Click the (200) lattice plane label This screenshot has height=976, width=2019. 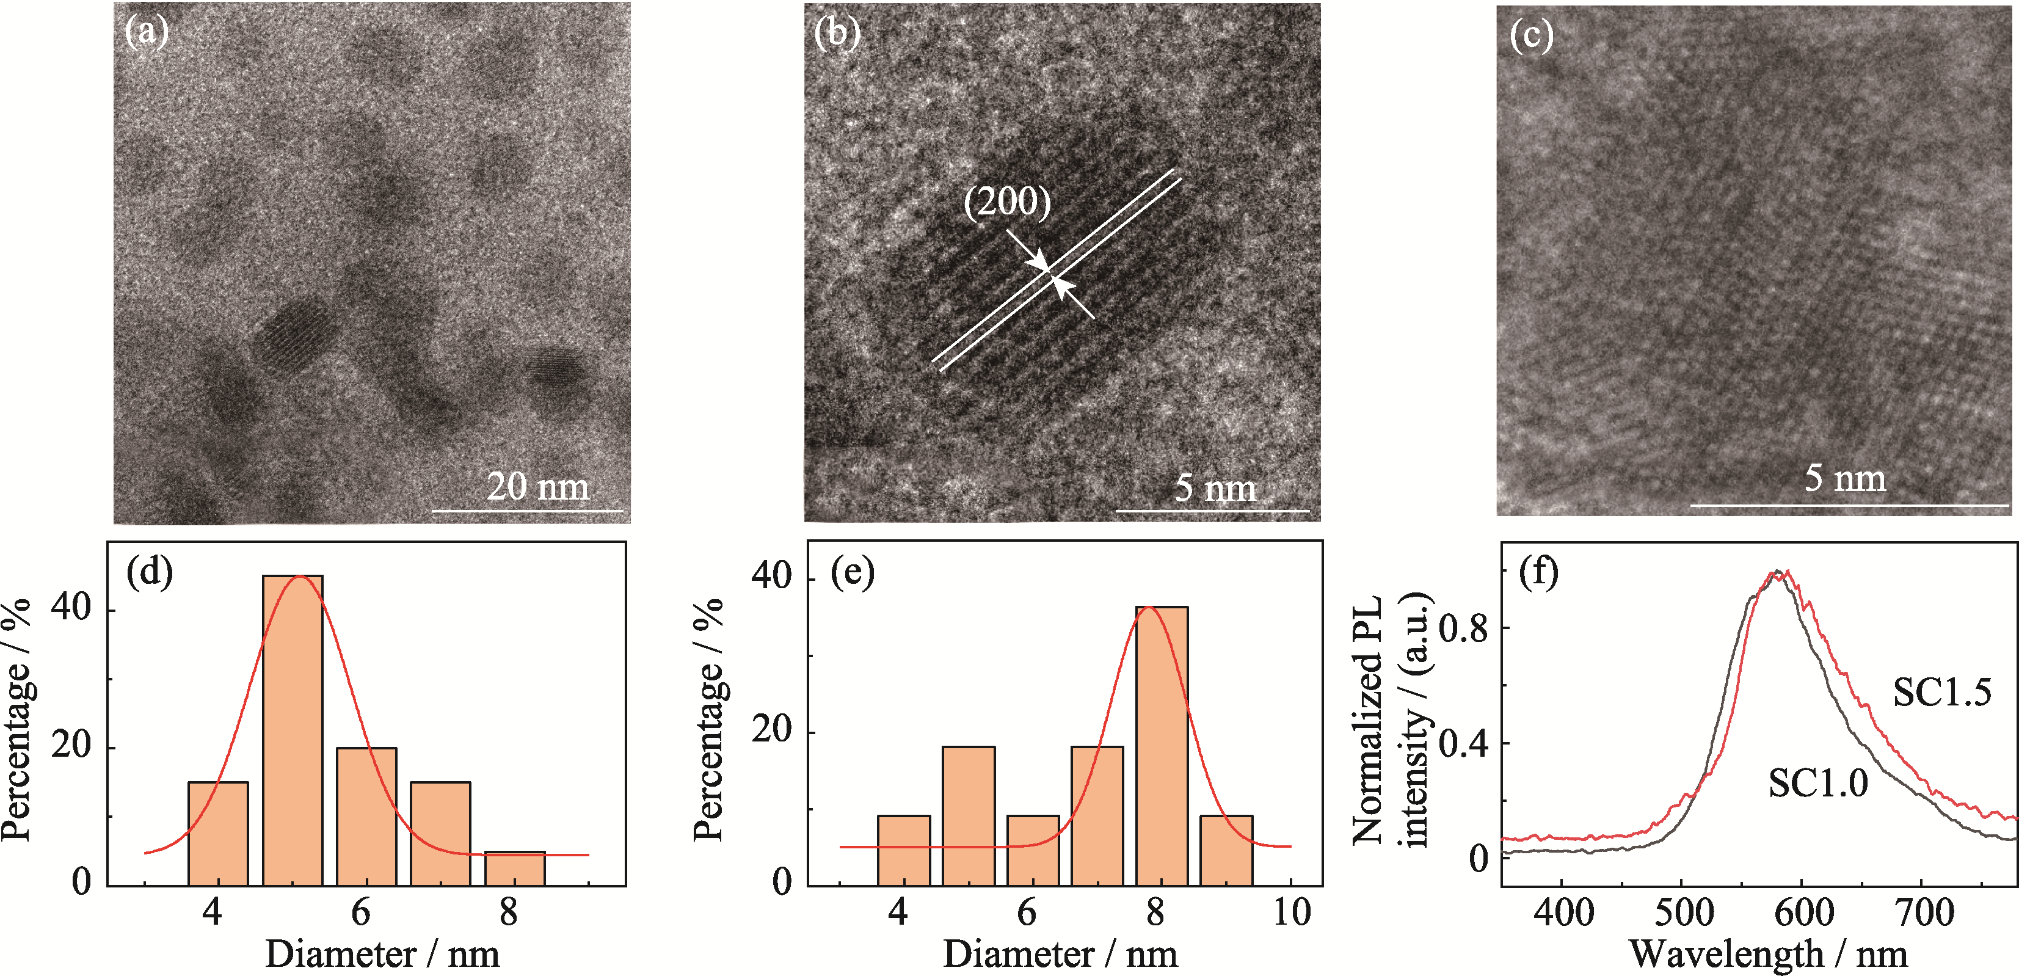click(1006, 202)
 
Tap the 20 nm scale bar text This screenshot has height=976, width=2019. click(537, 486)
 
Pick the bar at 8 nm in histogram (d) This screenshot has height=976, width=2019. click(514, 868)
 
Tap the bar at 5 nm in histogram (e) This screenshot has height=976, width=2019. click(968, 815)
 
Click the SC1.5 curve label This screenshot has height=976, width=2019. click(1941, 692)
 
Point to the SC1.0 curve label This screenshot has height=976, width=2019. click(1817, 782)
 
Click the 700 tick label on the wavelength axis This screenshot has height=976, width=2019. click(1923, 913)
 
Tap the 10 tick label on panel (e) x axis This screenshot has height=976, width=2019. click(1290, 912)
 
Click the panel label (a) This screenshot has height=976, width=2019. click(147, 32)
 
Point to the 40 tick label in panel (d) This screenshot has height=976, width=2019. click(71, 608)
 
